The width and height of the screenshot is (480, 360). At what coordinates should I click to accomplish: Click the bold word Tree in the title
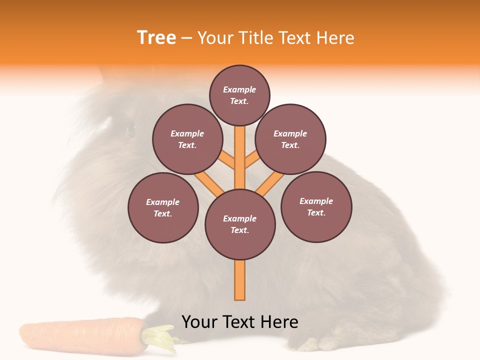coord(156,37)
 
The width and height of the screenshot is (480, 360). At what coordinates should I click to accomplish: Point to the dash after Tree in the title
coord(186,38)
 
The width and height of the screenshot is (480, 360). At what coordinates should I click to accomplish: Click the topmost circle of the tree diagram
coord(239,95)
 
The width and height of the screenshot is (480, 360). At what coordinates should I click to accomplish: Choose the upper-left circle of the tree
coord(187,139)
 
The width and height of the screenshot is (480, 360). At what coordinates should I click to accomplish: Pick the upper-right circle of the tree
coord(290,139)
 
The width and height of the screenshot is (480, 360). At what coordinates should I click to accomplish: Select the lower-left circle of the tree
coord(163,207)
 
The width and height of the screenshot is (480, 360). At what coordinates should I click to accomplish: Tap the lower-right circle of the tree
coord(316,206)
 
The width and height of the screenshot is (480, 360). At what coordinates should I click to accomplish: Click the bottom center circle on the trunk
coord(240,224)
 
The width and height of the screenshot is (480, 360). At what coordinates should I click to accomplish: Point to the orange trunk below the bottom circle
coord(240,280)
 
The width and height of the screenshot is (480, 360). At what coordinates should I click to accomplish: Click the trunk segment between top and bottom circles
coord(240,157)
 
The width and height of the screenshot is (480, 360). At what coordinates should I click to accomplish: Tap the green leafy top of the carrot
coord(161,337)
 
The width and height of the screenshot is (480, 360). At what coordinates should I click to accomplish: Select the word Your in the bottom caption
coord(200,322)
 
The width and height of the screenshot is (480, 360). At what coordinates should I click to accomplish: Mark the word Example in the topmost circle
coord(239,89)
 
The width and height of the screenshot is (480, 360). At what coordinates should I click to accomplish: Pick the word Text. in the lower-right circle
coord(316,212)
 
